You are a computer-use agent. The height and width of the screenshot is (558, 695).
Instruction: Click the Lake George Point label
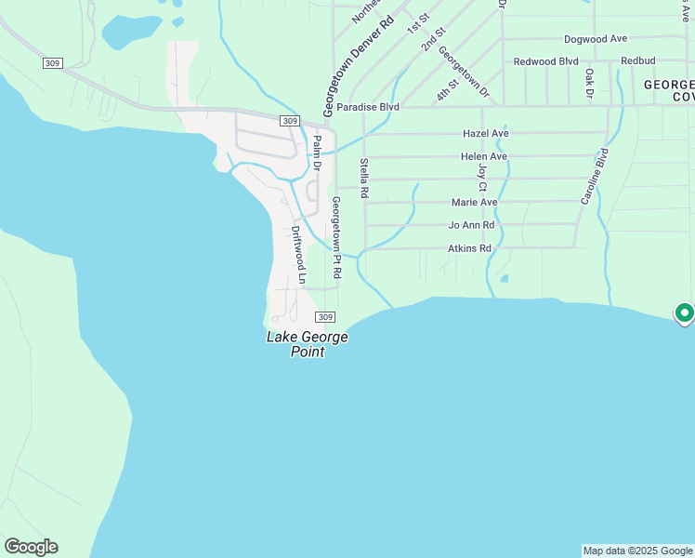pos(308,344)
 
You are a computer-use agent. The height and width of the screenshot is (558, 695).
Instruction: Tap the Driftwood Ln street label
pos(298,247)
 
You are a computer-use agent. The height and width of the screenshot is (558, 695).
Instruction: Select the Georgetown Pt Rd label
pos(336,238)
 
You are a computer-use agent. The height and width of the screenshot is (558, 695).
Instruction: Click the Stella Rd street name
pos(364,179)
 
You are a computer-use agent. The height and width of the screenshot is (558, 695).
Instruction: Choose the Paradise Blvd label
pos(368,108)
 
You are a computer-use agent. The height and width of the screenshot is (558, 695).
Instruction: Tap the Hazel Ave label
pos(485,134)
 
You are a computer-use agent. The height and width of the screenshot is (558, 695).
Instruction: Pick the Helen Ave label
pos(484,156)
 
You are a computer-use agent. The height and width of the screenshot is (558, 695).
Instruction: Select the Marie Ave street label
pos(475,202)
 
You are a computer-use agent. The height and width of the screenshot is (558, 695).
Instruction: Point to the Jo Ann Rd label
pos(471,225)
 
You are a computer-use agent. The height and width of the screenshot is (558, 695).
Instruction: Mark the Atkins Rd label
pos(469,248)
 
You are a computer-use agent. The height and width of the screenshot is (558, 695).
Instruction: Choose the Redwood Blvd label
pos(546,61)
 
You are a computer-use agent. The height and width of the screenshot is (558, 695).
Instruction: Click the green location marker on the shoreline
pos(684,312)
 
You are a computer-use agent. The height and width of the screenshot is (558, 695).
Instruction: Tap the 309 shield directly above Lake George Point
pos(324,317)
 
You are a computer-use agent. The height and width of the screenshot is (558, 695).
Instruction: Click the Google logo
pos(31,547)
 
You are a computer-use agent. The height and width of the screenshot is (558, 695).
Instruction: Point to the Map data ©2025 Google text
pos(637,551)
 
